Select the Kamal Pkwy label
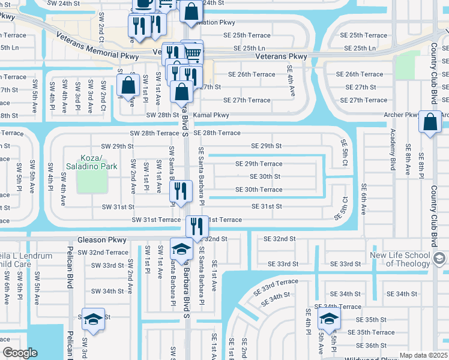pos(211,115)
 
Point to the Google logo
pos(20,352)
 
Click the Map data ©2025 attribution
pos(423,355)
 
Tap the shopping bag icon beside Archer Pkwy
pos(430,122)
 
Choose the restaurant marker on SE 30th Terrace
pos(181,191)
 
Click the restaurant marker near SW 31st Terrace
pos(197,227)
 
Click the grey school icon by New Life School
pos(439,259)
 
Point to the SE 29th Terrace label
pos(259,164)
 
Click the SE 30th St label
pos(265,176)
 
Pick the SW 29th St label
pos(117,146)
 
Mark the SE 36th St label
pos(371,346)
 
